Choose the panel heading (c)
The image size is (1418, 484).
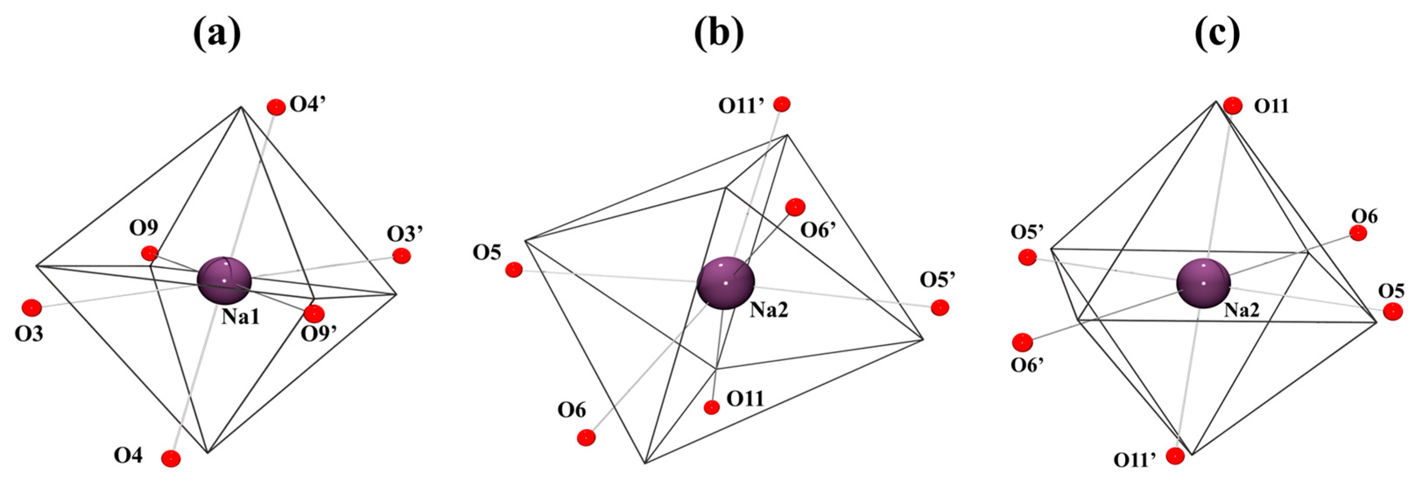(x=1217, y=34)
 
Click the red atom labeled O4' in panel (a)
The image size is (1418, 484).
(x=276, y=107)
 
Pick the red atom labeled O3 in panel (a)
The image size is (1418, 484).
(x=32, y=308)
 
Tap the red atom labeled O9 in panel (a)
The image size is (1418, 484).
(x=149, y=253)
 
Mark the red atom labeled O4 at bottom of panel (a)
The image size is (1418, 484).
(x=171, y=458)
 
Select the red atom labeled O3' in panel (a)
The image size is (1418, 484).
(x=401, y=256)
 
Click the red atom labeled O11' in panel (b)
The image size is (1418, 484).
(x=782, y=104)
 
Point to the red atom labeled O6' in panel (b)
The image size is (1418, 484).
(x=795, y=207)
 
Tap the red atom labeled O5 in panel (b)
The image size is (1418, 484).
(x=513, y=269)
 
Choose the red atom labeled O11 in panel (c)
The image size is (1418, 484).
(x=1233, y=105)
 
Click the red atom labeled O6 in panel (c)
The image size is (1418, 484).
(x=1358, y=233)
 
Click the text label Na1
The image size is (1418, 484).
(x=241, y=317)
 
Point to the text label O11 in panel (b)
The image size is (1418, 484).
(x=745, y=399)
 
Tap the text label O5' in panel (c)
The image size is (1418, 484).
(x=1028, y=233)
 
